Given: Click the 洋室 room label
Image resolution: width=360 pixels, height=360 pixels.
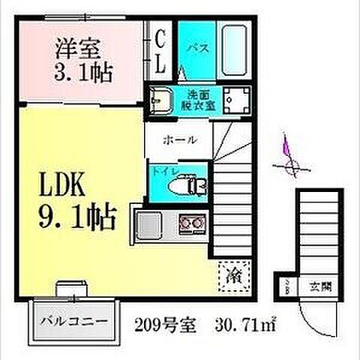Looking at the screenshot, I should (77, 46).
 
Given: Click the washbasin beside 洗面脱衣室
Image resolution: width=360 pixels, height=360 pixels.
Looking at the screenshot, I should (160, 100).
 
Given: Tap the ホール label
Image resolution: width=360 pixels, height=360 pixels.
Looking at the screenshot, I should (180, 139).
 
